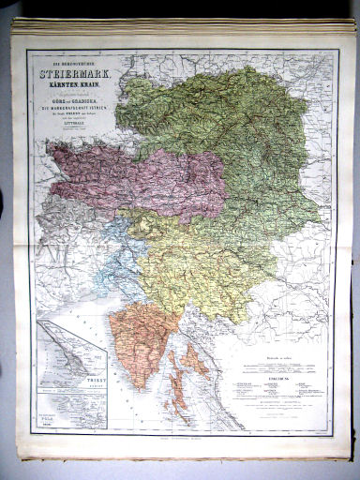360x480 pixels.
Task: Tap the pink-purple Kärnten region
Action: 141,173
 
